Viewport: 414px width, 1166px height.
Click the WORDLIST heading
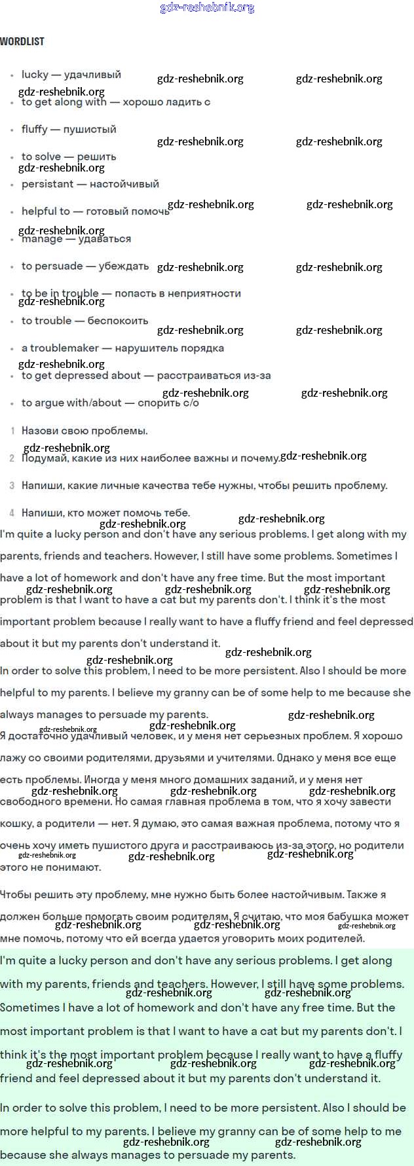pos(22,41)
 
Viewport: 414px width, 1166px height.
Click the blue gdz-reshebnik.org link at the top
pos(207,8)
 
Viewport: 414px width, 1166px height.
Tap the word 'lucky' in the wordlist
pos(35,75)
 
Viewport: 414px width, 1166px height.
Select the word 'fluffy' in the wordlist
pos(34,129)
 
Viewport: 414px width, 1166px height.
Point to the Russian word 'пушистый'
pos(92,129)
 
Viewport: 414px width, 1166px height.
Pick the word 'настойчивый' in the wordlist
pos(124,184)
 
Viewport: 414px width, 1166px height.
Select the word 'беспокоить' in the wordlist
pos(118,321)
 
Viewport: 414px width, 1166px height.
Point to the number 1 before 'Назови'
pos(12,431)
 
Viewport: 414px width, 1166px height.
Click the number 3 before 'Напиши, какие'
pos(12,486)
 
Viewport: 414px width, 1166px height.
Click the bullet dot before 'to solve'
pos(12,158)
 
